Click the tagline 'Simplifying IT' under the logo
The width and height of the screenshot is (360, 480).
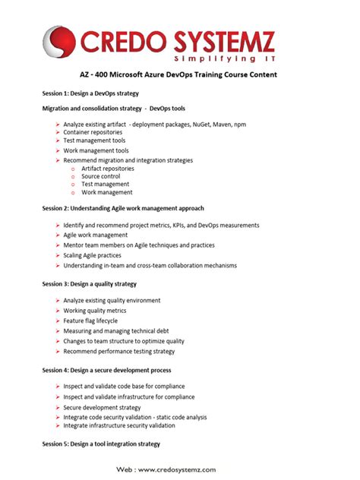point(217,58)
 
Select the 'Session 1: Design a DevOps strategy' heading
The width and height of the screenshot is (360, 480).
point(90,92)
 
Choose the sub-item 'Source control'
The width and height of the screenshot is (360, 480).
point(101,176)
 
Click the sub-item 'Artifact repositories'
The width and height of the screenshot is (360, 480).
point(108,169)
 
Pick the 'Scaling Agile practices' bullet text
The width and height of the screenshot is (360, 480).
point(98,255)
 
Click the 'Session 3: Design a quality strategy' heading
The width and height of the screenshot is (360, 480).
point(90,283)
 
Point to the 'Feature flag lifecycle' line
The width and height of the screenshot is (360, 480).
point(95,321)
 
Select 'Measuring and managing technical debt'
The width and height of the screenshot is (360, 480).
point(115,331)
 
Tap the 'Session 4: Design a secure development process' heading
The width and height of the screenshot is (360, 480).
point(106,370)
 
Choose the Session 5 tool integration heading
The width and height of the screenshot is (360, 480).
point(101,444)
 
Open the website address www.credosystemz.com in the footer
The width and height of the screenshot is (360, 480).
point(178,470)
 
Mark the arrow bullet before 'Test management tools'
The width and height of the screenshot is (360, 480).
point(58,141)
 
